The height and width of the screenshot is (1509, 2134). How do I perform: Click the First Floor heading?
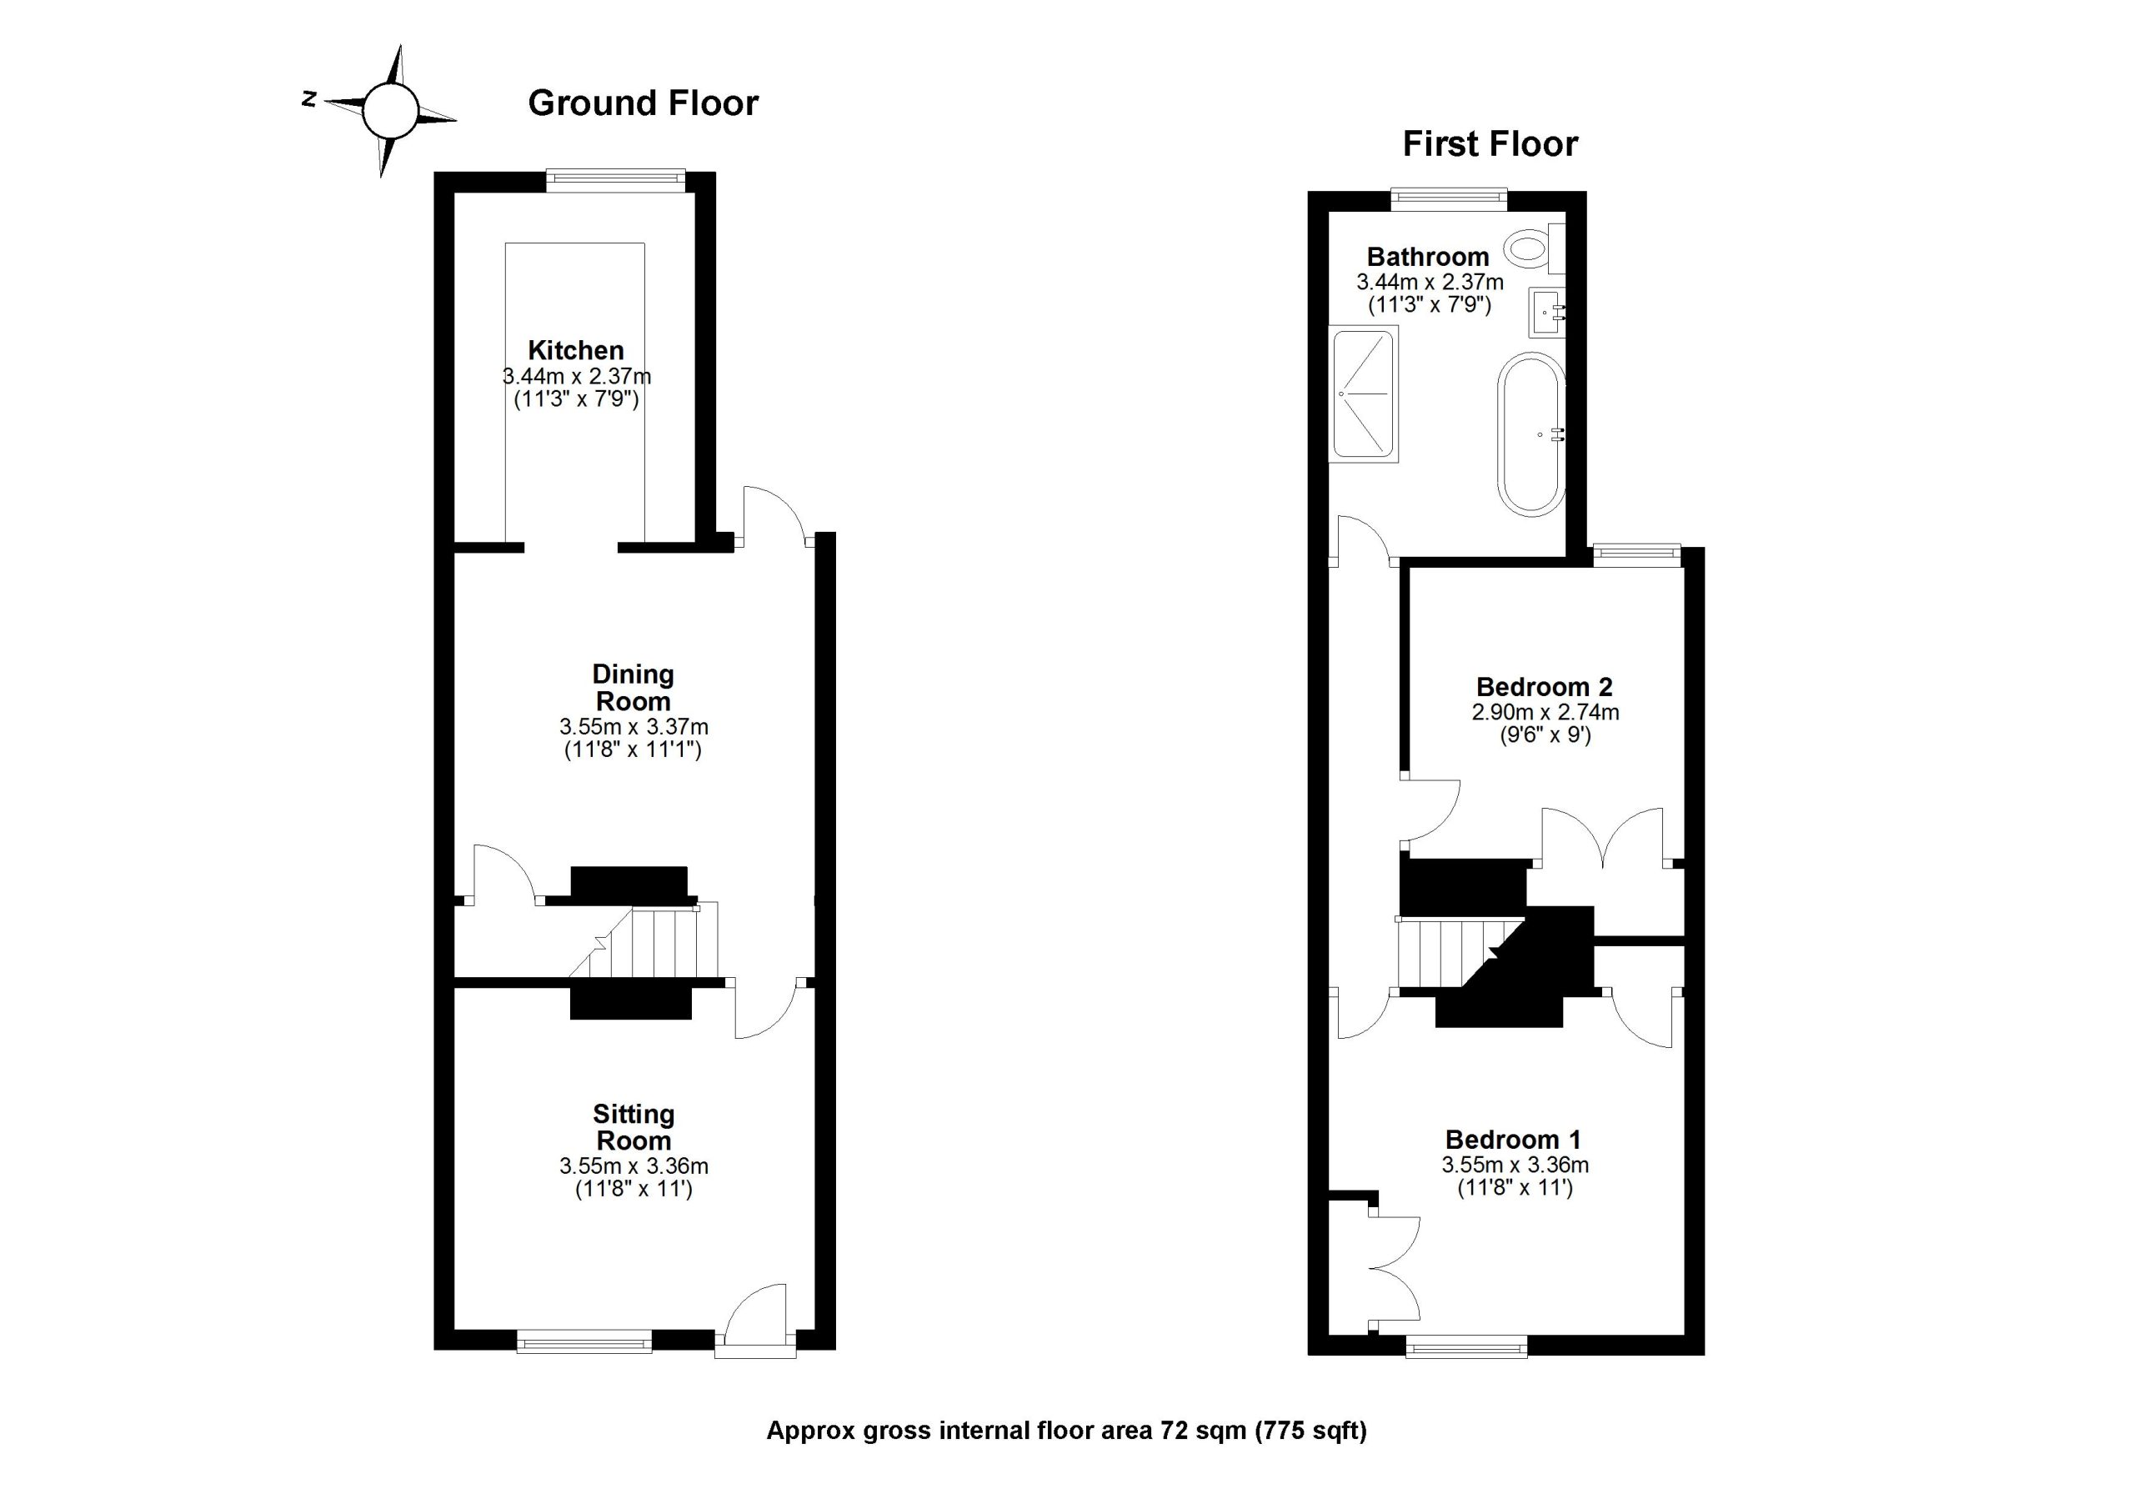pyautogui.click(x=1489, y=145)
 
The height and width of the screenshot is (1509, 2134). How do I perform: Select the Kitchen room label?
pyautogui.click(x=575, y=350)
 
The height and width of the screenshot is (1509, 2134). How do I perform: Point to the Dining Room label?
pyautogui.click(x=633, y=687)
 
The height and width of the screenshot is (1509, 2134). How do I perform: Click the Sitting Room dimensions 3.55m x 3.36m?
pyautogui.click(x=633, y=1166)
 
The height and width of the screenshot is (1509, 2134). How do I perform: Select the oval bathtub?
pyautogui.click(x=1531, y=434)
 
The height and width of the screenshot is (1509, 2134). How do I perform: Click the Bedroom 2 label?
pyautogui.click(x=1545, y=687)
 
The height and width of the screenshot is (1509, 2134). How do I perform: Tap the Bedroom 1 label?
pyautogui.click(x=1513, y=1139)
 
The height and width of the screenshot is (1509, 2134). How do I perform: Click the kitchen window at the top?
pyautogui.click(x=615, y=180)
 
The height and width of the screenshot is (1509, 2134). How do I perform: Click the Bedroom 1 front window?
pyautogui.click(x=1465, y=1346)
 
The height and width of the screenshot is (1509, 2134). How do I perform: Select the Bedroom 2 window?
pyautogui.click(x=1636, y=555)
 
